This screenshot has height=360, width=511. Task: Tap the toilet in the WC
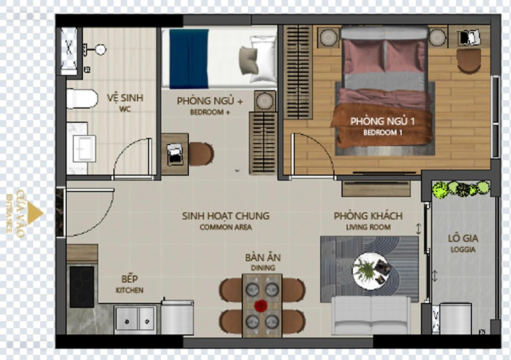pyautogui.click(x=82, y=99)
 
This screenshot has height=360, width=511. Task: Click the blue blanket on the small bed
pyautogui.click(x=189, y=59)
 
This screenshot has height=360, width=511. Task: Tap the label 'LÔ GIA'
pyautogui.click(x=463, y=238)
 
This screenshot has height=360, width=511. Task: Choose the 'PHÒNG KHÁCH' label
pyautogui.click(x=368, y=216)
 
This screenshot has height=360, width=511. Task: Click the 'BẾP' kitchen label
pyautogui.click(x=129, y=279)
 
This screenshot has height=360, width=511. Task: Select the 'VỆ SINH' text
pyautogui.click(x=125, y=97)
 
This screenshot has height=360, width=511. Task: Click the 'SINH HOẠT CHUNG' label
pyautogui.click(x=226, y=216)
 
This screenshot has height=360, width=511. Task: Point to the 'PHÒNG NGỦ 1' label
pyautogui.click(x=382, y=121)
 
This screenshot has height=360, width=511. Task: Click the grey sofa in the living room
pyautogui.click(x=371, y=315)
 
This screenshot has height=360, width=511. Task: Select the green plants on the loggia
pyautogui.click(x=461, y=189)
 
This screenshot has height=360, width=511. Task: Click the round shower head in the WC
pyautogui.click(x=101, y=50)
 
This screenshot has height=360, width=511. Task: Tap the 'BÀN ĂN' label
pyautogui.click(x=263, y=257)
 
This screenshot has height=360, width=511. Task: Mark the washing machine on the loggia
pyautogui.click(x=455, y=318)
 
